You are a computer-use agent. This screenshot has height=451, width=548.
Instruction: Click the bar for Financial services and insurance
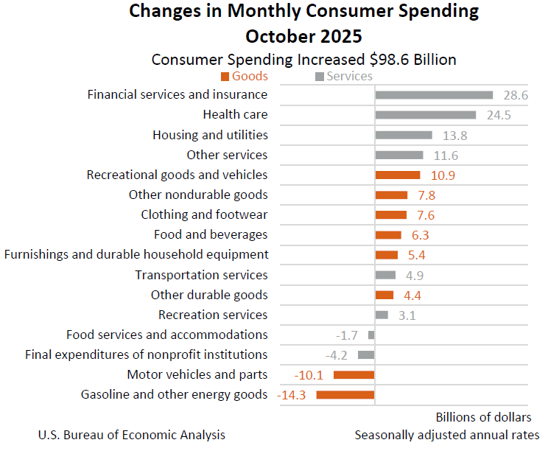434,95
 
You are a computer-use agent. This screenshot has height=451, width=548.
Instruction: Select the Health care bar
425,115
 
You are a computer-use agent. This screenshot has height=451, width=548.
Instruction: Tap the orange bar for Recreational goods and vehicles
398,175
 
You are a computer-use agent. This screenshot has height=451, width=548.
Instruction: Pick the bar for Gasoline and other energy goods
345,395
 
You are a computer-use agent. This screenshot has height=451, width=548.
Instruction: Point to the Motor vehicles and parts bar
354,375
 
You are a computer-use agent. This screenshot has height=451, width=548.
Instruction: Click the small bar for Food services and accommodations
371,335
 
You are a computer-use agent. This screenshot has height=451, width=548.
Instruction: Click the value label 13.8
454,136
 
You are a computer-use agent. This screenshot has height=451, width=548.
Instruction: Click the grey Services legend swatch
320,77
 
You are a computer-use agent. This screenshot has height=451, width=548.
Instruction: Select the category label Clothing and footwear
204,215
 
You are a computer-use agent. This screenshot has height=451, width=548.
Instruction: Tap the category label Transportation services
201,275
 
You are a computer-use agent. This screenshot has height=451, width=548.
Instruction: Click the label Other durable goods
209,295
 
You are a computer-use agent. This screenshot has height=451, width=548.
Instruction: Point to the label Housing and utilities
210,135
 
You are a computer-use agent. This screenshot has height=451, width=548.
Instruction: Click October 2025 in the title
304,35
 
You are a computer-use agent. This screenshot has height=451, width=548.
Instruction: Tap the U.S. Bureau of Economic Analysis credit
132,435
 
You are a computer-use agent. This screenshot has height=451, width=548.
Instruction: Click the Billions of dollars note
483,417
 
